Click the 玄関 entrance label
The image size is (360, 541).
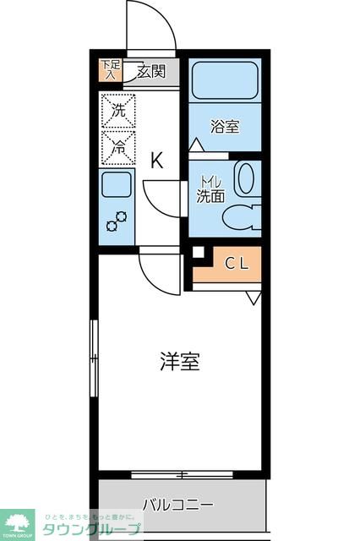(153, 71)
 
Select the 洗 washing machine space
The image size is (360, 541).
(118, 110)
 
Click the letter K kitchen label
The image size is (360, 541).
(156, 161)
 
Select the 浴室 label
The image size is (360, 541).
(224, 128)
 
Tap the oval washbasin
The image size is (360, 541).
(244, 179)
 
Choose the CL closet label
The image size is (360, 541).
(236, 263)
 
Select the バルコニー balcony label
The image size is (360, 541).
(177, 505)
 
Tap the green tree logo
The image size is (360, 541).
(17, 521)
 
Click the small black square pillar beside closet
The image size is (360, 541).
(198, 252)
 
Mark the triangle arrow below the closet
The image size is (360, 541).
(254, 298)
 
